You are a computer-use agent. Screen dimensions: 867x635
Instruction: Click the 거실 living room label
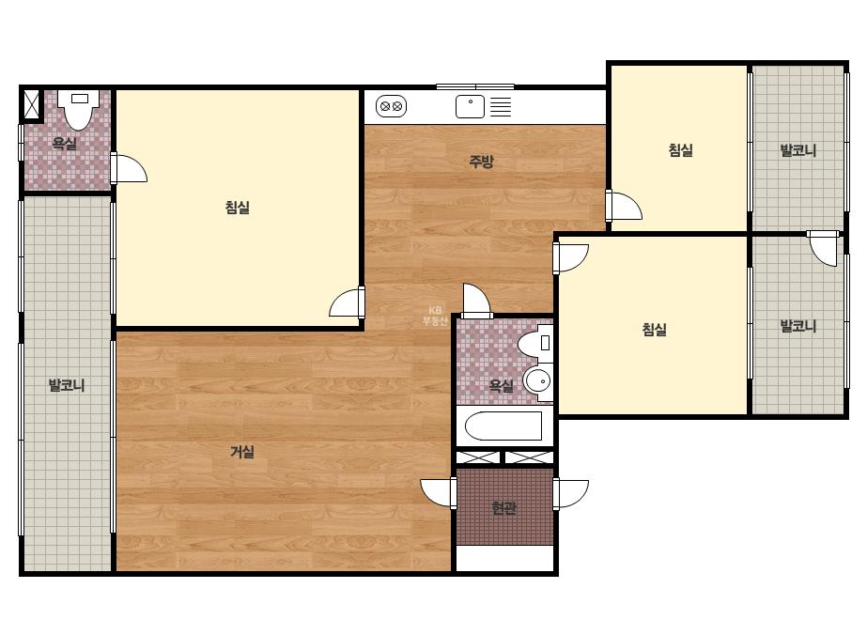(x=242, y=452)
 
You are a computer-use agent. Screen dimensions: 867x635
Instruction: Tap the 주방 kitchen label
(x=481, y=161)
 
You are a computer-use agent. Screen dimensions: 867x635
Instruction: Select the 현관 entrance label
(x=503, y=507)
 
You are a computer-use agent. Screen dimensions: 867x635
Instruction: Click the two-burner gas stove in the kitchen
(x=392, y=106)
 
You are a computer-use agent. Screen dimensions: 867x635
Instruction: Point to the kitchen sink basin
(x=470, y=106)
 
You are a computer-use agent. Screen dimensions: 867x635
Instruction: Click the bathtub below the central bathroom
(x=503, y=426)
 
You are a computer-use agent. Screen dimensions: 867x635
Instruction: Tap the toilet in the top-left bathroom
(x=79, y=110)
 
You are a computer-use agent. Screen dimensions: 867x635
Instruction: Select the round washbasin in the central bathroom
(x=537, y=381)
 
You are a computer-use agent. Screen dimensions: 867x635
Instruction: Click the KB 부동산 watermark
(x=435, y=316)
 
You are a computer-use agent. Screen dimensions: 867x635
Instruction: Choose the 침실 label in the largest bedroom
(x=238, y=208)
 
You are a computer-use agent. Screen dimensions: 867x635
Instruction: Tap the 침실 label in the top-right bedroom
(x=681, y=150)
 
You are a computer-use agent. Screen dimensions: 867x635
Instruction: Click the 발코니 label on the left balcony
(x=67, y=385)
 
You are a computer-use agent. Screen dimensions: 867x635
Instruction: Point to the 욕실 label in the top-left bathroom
(x=64, y=144)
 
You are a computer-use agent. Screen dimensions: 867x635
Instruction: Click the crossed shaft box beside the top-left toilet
(x=32, y=105)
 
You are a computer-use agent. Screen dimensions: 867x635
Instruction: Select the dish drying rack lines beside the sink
(x=501, y=107)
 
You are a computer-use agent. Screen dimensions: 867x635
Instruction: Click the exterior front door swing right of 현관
(x=571, y=494)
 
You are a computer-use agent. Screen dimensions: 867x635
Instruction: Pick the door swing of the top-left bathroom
(x=129, y=168)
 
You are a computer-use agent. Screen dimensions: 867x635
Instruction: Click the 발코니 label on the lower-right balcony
(x=797, y=326)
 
